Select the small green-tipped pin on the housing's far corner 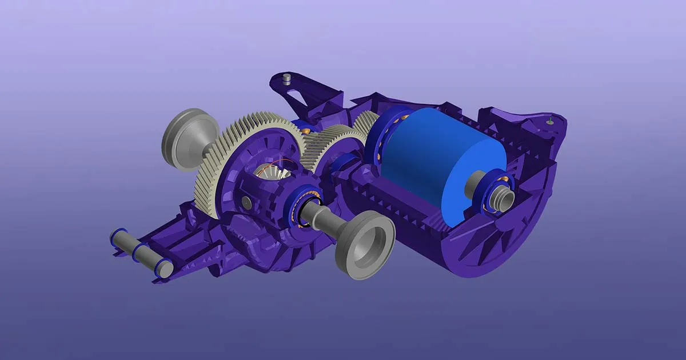pyautogui.click(x=550, y=120)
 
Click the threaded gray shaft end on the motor pyautogui.click(x=503, y=198)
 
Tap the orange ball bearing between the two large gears pyautogui.click(x=306, y=131)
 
